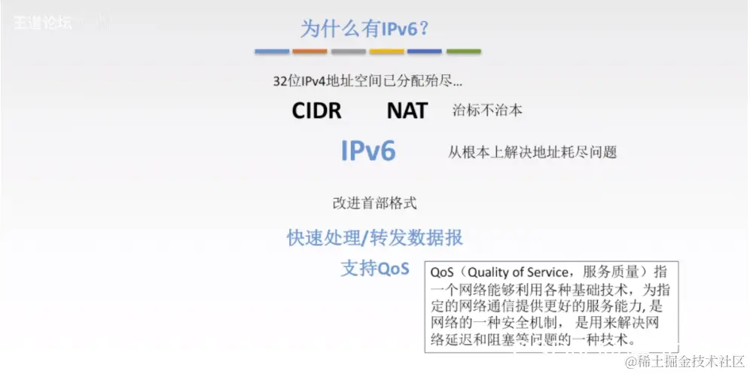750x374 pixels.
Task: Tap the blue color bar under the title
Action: click(x=272, y=51)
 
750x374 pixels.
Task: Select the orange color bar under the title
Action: click(x=309, y=51)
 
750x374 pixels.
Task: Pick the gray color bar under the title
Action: click(x=348, y=51)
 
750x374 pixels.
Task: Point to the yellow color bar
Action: click(x=386, y=51)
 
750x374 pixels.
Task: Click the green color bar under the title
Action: click(x=463, y=51)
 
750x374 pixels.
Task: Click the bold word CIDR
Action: click(x=316, y=111)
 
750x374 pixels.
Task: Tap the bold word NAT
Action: click(x=407, y=111)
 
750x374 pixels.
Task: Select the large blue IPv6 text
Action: click(x=368, y=151)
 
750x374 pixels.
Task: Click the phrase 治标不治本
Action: click(x=486, y=110)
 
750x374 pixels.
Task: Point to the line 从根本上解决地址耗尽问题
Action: click(x=532, y=152)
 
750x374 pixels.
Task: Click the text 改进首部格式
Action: click(x=374, y=203)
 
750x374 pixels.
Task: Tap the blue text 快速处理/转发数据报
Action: click(x=374, y=238)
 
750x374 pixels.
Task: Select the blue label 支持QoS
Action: click(x=374, y=269)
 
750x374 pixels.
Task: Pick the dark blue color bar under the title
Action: click(x=425, y=51)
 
